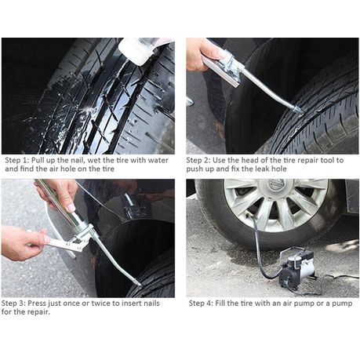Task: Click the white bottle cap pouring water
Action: [136, 51]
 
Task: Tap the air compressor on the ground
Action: [298, 268]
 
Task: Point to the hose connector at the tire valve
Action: [249, 216]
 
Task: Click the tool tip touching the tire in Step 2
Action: [299, 110]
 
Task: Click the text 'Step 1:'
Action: [17, 160]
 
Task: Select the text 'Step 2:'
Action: [198, 160]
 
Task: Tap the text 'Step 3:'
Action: [13, 304]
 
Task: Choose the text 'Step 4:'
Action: [201, 304]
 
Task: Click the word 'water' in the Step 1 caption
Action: [158, 160]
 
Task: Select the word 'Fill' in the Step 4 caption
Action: [220, 304]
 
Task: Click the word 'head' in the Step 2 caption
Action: [249, 160]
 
